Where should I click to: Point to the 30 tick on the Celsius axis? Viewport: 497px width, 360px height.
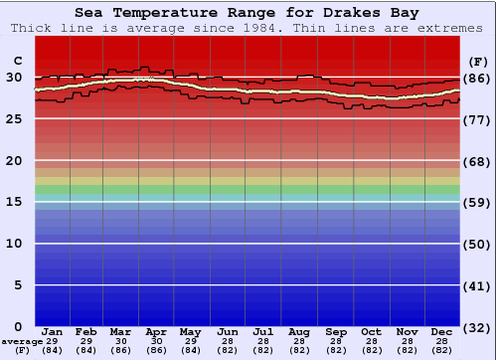[15, 77]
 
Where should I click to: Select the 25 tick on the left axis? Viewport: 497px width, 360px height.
[15, 118]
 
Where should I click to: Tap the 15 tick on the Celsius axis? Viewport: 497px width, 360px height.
[15, 202]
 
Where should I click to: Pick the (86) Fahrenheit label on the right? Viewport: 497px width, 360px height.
[476, 78]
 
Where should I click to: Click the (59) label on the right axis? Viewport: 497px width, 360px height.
[476, 203]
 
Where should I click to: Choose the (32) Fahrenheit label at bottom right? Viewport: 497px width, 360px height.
[476, 327]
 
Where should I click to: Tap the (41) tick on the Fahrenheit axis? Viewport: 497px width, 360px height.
[476, 285]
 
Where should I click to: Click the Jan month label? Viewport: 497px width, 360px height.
[53, 331]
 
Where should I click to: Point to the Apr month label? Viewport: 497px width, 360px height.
[156, 331]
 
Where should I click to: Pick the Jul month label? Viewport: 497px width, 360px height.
[263, 331]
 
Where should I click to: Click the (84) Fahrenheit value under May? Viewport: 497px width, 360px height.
[190, 350]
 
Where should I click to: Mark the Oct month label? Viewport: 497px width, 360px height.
[371, 331]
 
